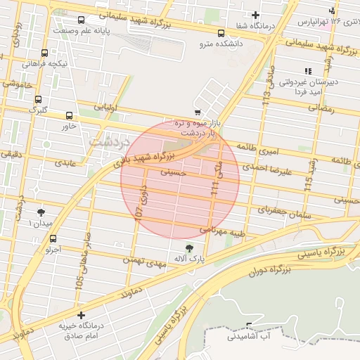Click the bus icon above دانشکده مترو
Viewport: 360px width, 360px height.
[221, 33]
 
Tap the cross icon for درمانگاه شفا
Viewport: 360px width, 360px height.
[255, 15]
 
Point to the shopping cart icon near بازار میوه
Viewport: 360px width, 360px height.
[198, 112]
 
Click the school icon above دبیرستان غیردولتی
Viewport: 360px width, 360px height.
[307, 71]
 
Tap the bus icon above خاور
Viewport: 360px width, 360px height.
[69, 115]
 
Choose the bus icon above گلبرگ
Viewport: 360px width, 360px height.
[37, 99]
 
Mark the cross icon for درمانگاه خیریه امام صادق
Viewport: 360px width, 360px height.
[82, 316]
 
